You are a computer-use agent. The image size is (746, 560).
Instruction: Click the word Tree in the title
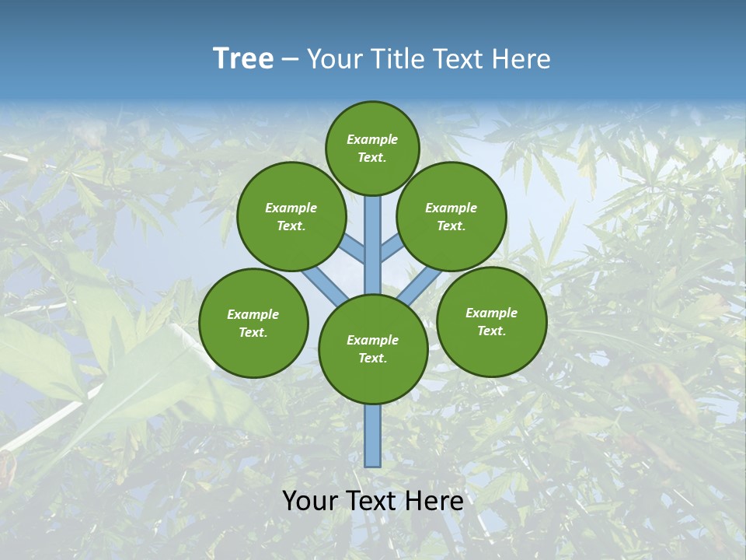(243, 58)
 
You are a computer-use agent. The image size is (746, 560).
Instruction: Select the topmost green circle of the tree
(372, 148)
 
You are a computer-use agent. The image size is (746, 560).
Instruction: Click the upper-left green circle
(291, 216)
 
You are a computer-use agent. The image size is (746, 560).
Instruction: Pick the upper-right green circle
(451, 216)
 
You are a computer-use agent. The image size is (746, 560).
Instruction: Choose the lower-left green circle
(253, 323)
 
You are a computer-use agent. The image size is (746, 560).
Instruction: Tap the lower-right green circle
(492, 321)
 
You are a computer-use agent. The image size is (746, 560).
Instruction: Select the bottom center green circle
(373, 349)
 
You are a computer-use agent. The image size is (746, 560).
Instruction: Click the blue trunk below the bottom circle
(373, 436)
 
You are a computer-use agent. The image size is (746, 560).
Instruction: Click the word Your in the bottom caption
(310, 501)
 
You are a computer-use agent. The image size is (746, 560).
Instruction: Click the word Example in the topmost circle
(372, 139)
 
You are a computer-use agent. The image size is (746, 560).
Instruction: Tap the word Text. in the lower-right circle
(492, 331)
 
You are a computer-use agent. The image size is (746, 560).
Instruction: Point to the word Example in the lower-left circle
(253, 314)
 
